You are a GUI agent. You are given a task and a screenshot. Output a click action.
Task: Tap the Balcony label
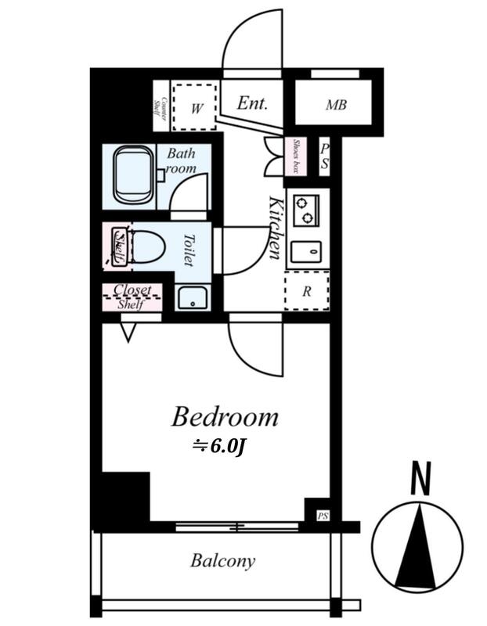[x=222, y=561]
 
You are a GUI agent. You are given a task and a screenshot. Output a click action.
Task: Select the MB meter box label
[x=336, y=105]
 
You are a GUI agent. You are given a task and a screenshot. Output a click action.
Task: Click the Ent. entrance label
[x=251, y=103]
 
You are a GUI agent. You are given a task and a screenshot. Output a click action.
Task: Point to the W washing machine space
[x=195, y=106]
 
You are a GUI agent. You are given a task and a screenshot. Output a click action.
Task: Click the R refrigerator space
[x=307, y=290]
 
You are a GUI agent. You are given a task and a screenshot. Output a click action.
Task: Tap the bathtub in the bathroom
[x=134, y=174]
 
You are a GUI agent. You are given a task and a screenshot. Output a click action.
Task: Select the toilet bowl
[x=146, y=246]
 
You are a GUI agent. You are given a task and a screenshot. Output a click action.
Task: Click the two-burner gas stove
[x=306, y=210]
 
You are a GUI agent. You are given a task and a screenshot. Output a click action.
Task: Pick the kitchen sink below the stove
[x=306, y=252]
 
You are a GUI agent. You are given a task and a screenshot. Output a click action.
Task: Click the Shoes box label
[x=296, y=156]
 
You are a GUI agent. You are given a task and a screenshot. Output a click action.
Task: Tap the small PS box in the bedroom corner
[x=323, y=516]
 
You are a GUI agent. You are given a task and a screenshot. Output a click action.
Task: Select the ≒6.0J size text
[x=218, y=447]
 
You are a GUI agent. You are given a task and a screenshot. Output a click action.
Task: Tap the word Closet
[x=132, y=290]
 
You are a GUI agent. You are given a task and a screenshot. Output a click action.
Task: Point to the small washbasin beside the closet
[x=192, y=297]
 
